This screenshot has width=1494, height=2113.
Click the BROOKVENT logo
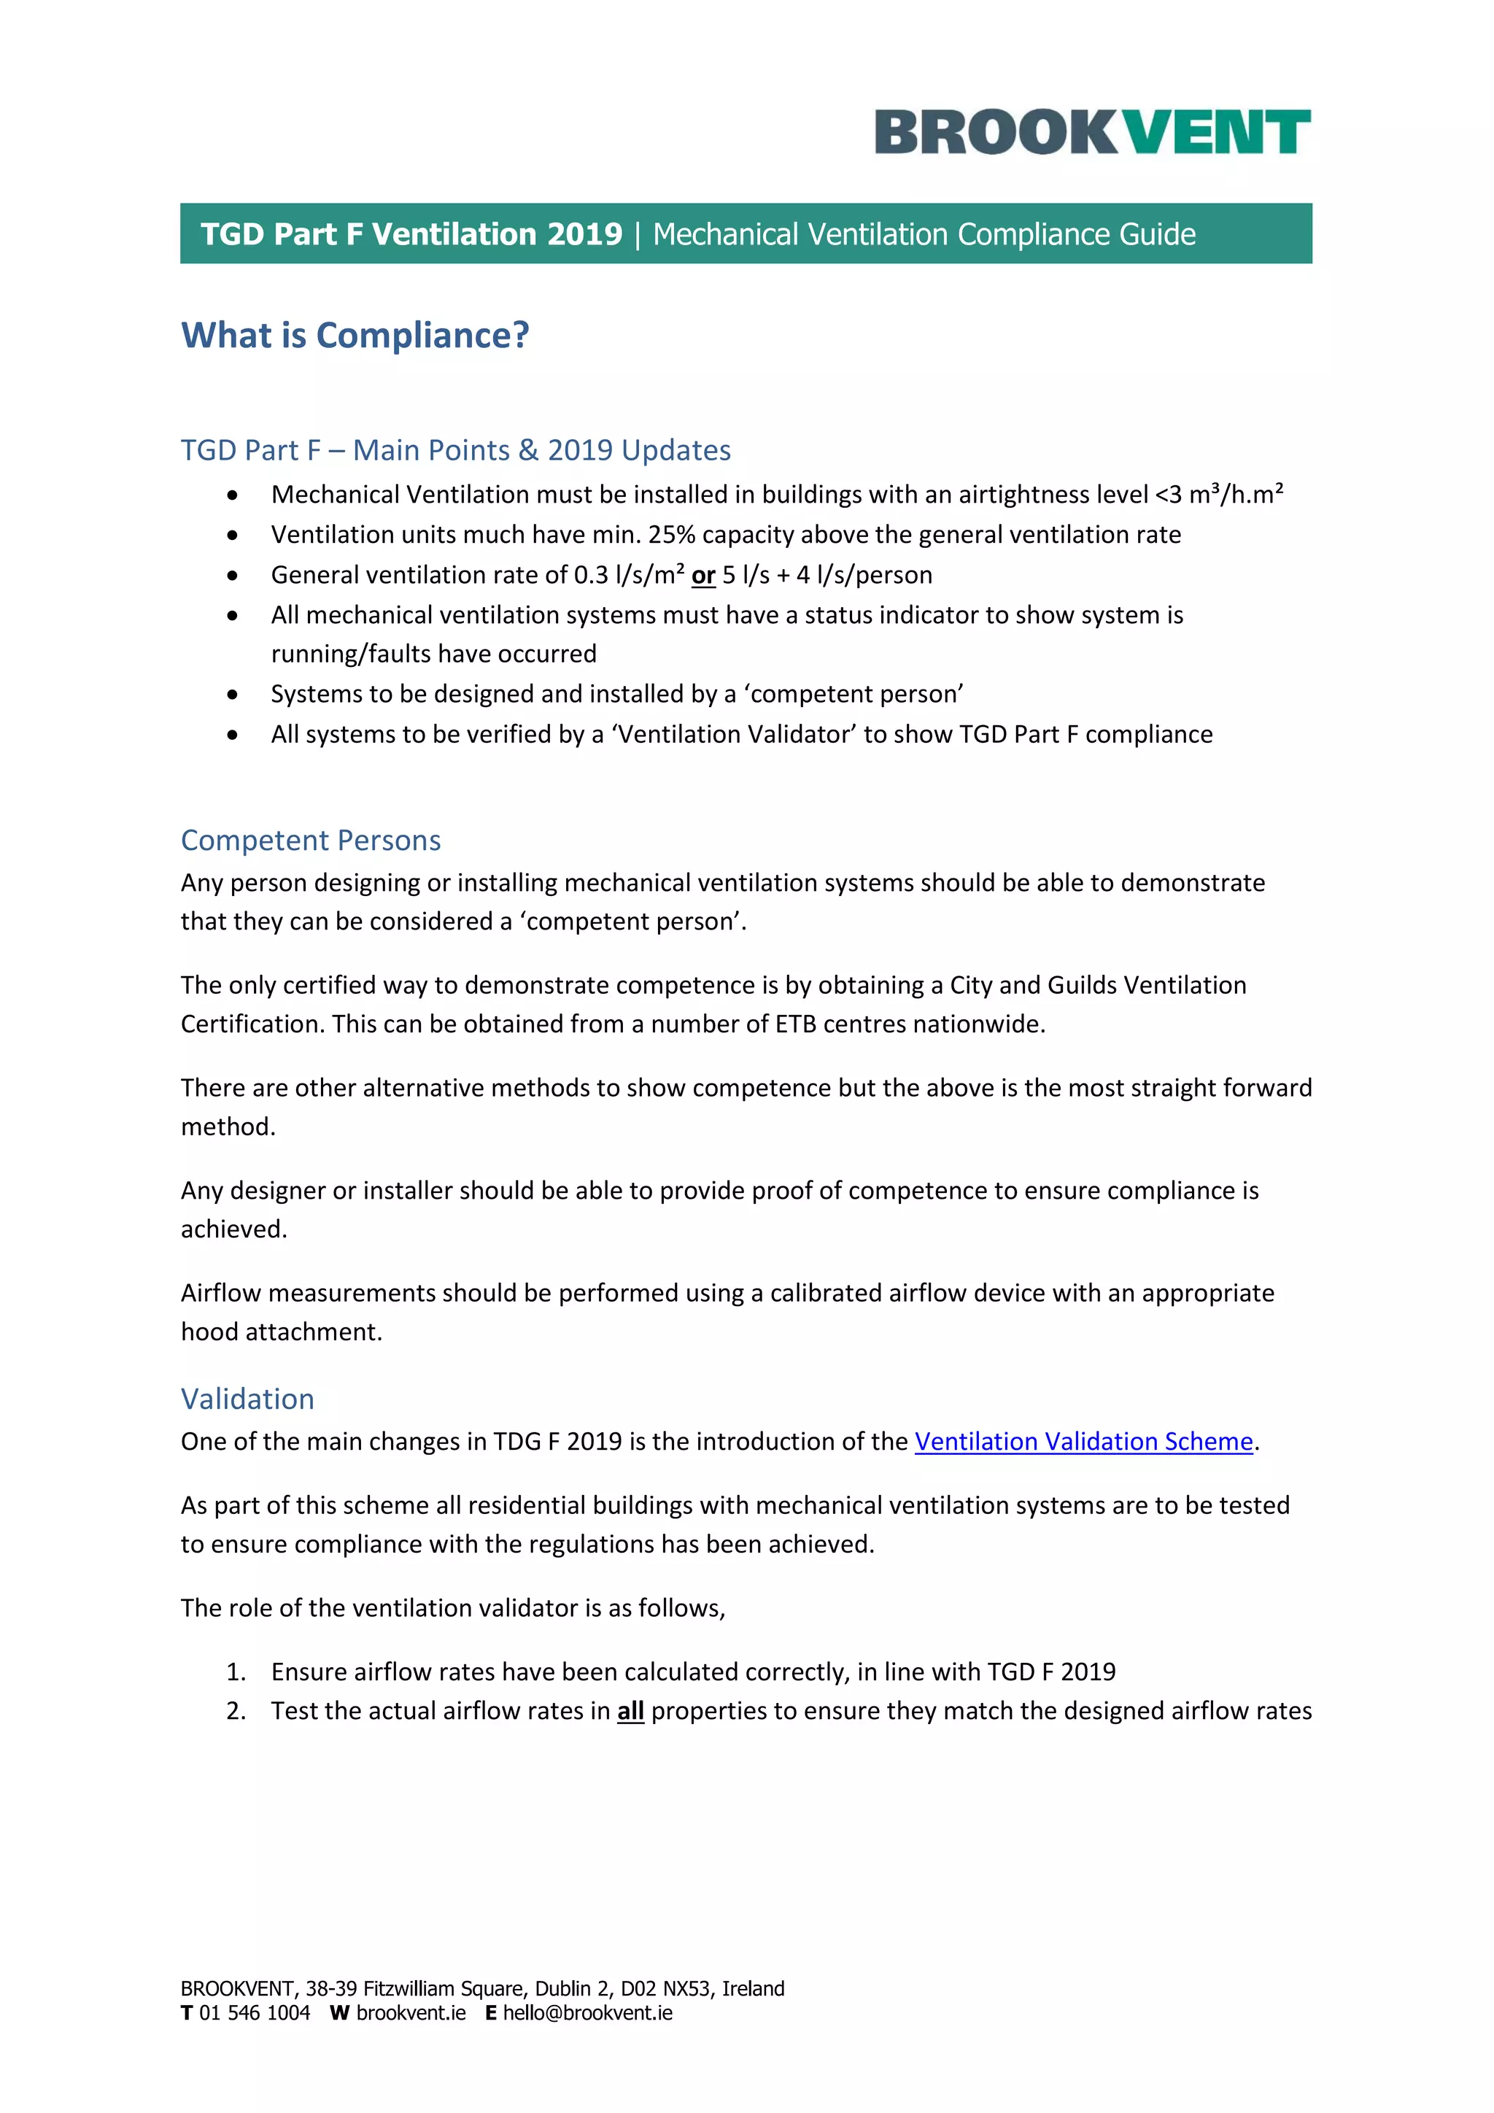(1092, 131)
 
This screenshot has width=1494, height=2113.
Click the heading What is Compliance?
(355, 335)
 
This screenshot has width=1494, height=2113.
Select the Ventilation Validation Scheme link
(1084, 1441)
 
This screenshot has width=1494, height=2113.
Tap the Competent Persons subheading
(311, 841)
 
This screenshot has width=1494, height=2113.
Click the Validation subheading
(247, 1399)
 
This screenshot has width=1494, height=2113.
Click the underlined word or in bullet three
(703, 575)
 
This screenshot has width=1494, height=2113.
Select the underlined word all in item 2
(630, 1711)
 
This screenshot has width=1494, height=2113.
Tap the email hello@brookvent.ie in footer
(587, 2013)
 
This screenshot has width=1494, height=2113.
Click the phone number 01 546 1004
(255, 2013)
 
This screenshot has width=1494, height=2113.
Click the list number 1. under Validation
(236, 1672)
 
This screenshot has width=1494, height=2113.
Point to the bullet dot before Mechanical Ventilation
(233, 495)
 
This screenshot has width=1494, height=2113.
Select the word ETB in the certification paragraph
(795, 1024)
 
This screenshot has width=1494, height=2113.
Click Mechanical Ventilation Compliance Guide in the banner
(924, 235)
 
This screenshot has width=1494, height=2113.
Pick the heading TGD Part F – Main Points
(455, 450)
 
